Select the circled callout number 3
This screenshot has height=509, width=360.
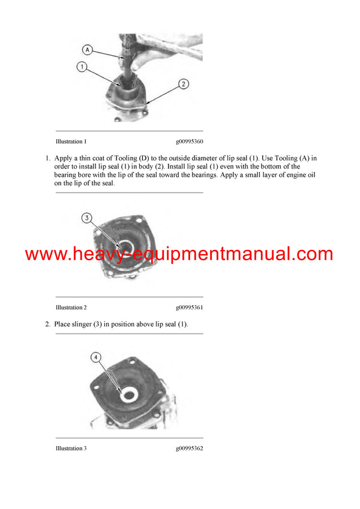(88, 219)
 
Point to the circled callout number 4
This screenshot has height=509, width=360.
(96, 358)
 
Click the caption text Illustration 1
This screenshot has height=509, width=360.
(71, 141)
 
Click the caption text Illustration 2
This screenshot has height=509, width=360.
(71, 308)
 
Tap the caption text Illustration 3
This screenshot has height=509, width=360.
(71, 448)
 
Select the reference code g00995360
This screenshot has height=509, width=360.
(189, 141)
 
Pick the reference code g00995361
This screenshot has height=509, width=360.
(189, 308)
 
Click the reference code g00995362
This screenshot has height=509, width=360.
(189, 448)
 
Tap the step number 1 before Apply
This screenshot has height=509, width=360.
(47, 158)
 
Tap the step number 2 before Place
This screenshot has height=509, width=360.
(47, 324)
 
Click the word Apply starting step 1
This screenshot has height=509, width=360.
(63, 158)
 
